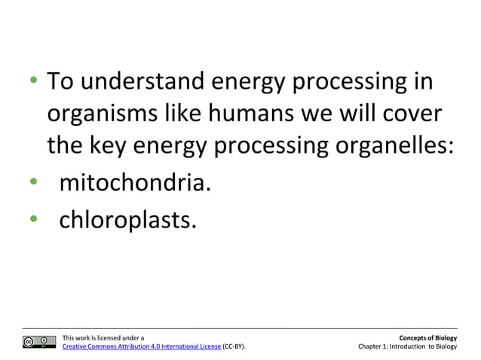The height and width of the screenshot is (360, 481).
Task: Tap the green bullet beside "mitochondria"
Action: tap(34, 182)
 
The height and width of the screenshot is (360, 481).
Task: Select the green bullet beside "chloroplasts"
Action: tap(34, 218)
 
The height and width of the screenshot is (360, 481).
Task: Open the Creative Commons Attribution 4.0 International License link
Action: tap(141, 346)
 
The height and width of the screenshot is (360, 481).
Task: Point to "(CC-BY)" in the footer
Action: tap(234, 346)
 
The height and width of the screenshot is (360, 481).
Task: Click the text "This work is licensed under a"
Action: tap(103, 337)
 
